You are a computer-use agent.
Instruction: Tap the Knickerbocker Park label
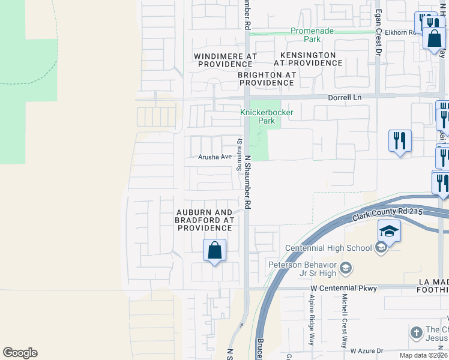[258, 116]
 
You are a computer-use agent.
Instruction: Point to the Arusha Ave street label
[215, 157]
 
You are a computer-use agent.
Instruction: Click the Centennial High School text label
[328, 248]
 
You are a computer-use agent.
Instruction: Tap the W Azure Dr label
[366, 350]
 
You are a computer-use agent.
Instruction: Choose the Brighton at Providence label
[267, 79]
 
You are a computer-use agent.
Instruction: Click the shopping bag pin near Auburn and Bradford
[214, 250]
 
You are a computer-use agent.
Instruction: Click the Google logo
[20, 353]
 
